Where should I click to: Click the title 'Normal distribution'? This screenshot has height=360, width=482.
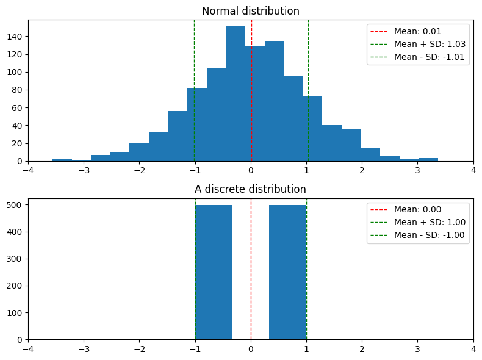(251, 11)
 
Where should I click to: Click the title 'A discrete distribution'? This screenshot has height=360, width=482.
(251, 189)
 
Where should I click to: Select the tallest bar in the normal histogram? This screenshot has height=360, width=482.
(236, 94)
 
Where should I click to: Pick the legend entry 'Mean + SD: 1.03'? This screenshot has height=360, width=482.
(417, 45)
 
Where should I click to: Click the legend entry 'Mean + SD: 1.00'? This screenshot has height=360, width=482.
(417, 223)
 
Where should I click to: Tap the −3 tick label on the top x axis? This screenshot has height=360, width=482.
(84, 171)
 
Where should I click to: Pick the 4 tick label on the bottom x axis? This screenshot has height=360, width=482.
(473, 349)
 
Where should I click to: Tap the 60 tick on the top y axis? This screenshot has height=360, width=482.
(19, 108)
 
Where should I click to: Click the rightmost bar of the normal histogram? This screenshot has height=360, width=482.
(428, 160)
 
